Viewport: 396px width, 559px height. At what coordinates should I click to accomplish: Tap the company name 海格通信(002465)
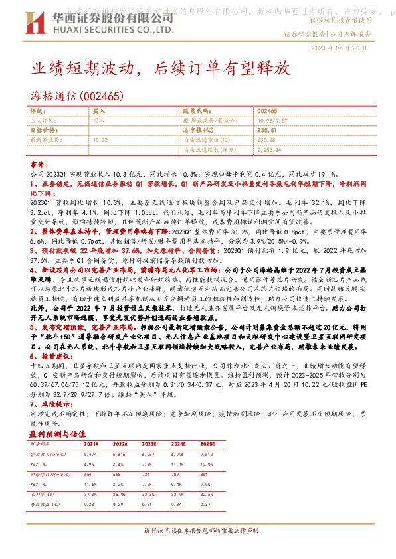(77, 96)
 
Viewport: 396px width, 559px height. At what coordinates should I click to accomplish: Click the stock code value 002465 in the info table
(267, 111)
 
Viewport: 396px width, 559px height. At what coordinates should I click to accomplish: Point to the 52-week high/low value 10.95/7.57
(271, 121)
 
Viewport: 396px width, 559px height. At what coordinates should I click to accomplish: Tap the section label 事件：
(41, 163)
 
